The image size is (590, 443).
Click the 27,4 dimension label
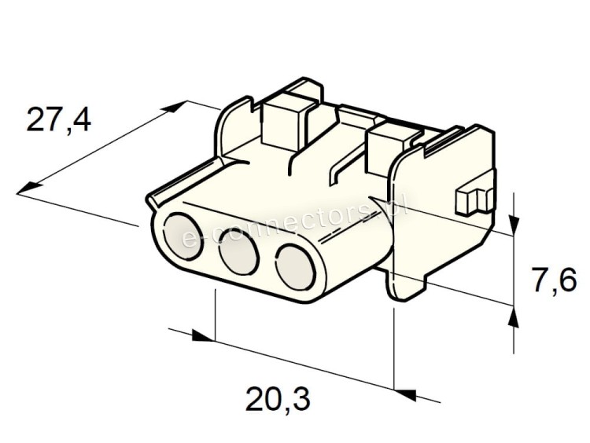(59, 120)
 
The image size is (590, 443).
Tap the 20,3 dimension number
(278, 401)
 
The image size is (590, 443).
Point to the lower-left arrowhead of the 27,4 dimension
(28, 188)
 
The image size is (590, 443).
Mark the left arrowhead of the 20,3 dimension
(203, 337)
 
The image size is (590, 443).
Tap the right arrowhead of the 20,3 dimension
(405, 390)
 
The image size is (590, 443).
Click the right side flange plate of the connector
(437, 212)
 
